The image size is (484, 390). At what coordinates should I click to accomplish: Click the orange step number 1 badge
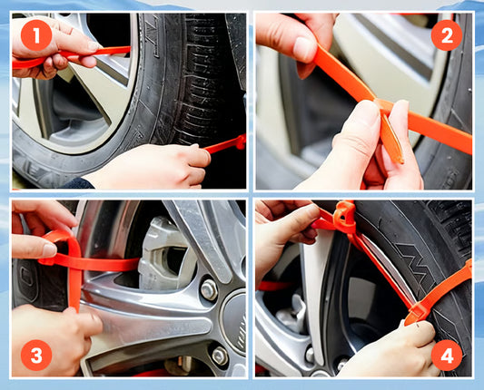click(x=36, y=35)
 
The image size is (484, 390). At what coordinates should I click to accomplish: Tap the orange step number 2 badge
click(x=447, y=35)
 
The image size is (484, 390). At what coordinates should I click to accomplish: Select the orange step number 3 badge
click(x=36, y=356)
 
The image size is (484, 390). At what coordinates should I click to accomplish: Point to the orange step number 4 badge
click(x=447, y=356)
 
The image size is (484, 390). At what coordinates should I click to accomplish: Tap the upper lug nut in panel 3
click(x=209, y=289)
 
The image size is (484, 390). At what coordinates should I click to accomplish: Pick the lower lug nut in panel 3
click(x=220, y=356)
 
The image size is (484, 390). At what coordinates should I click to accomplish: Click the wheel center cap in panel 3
click(x=233, y=322)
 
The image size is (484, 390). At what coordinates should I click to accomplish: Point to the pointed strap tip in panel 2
click(x=400, y=160)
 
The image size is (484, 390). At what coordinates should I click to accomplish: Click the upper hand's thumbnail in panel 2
click(x=305, y=50)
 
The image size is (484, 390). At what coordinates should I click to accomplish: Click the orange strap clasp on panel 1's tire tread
click(x=239, y=142)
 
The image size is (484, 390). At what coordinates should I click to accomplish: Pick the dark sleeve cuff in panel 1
click(x=79, y=184)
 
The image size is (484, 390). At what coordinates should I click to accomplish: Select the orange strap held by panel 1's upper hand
click(x=71, y=55)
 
